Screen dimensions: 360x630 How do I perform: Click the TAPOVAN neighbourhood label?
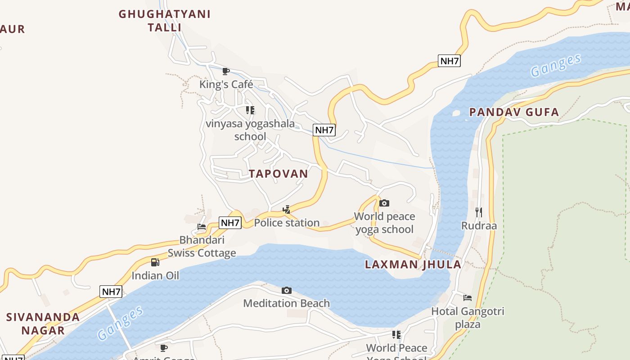pos(279,174)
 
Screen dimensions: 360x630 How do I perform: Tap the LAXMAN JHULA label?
pos(413,264)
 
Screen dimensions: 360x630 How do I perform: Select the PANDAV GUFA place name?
pos(514,112)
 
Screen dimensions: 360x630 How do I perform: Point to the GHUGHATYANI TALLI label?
pos(165,21)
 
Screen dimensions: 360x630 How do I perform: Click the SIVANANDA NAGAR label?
pos(43,324)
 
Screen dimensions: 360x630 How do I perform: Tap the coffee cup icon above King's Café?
pos(226,71)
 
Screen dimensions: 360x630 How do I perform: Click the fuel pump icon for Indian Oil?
pos(155,262)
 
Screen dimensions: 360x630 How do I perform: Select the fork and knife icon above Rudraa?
pos(478,212)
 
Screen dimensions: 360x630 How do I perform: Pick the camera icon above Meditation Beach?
pos(286,291)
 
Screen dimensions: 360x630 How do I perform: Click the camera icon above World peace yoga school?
pos(384,203)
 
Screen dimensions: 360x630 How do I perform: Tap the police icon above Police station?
pos(286,209)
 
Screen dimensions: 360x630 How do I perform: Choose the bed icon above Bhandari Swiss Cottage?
pos(202,227)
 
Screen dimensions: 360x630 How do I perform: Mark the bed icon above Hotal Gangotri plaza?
pos(468,298)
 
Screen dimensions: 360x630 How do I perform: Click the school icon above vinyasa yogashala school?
pos(250,110)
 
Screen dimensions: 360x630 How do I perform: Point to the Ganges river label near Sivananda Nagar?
pos(121,322)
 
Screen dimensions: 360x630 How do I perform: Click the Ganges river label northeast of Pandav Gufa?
pos(556,66)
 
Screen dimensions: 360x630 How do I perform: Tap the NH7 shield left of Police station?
pos(230,222)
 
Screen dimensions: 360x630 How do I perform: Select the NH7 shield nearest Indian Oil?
pos(111,292)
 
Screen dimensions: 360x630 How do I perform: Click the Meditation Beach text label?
pos(286,303)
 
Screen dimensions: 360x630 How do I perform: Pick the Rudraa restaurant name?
pos(479,225)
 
